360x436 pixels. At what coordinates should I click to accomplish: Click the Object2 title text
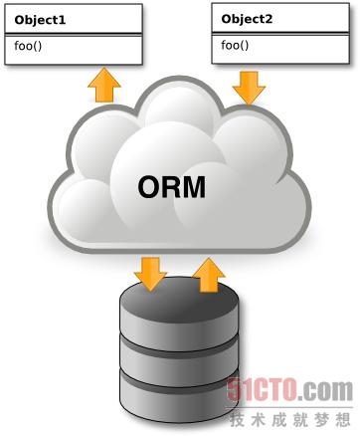(x=248, y=18)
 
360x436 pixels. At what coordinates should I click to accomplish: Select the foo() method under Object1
(x=29, y=45)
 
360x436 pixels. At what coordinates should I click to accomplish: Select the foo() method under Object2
(x=236, y=45)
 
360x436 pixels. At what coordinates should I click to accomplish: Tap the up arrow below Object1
(x=102, y=86)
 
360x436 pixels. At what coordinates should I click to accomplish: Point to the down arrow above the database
(x=151, y=273)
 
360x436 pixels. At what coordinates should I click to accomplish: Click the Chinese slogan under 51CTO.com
(x=292, y=415)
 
